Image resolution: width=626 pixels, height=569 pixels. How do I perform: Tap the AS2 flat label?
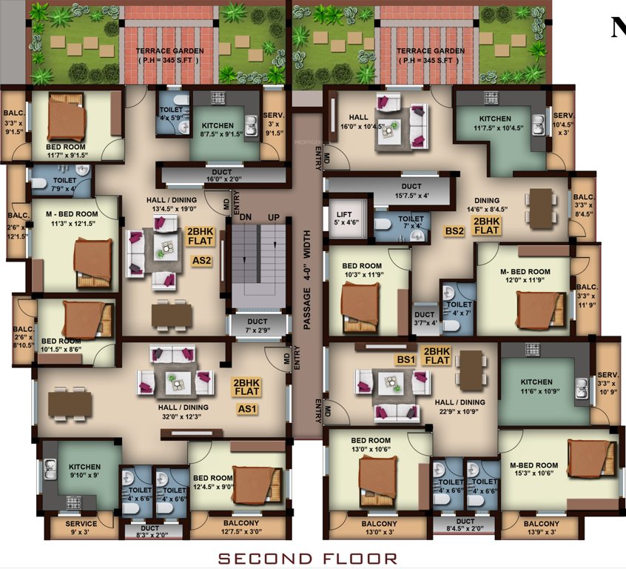tap(202, 262)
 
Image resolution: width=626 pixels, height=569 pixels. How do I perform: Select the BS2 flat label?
tap(454, 231)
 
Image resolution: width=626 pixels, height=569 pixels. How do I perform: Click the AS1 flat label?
tap(246, 408)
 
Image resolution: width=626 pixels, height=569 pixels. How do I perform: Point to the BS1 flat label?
tap(405, 359)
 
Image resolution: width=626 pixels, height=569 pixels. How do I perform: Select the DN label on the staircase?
tap(245, 216)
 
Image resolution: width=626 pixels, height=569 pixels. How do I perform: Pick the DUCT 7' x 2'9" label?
tap(258, 325)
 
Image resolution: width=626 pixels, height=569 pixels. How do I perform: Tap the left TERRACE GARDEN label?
tap(166, 56)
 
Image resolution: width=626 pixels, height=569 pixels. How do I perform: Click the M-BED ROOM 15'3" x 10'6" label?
tap(534, 470)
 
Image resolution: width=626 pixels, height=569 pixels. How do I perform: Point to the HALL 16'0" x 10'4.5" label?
tap(358, 121)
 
